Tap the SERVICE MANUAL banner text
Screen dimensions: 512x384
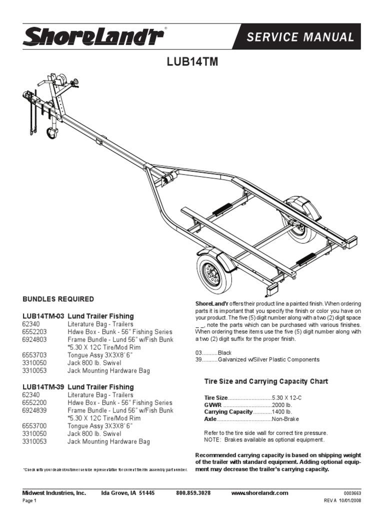click(307, 37)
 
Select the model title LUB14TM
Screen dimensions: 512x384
click(192, 62)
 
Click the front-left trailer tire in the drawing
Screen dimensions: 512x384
click(214, 273)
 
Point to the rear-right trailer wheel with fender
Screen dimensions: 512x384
click(301, 219)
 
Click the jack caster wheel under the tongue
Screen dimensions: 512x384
click(52, 133)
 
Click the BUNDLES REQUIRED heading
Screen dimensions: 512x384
click(58, 299)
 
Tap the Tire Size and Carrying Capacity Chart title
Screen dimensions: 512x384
click(266, 381)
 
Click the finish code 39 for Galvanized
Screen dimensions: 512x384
click(198, 359)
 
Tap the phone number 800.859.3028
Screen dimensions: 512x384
click(193, 493)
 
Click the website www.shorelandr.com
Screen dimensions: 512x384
click(260, 493)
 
